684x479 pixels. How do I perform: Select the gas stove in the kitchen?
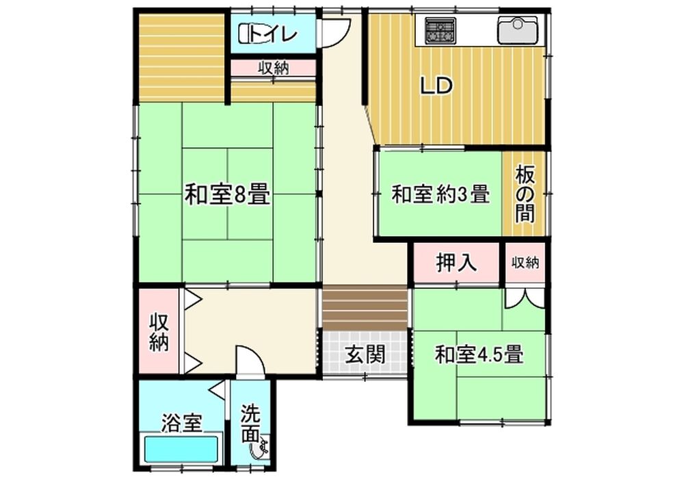[440, 31]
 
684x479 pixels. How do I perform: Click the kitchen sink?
[517, 30]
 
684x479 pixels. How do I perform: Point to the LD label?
[436, 86]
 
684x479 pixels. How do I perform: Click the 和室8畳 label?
[227, 194]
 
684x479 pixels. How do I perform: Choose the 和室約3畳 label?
[440, 194]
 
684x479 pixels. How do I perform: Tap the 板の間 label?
[525, 194]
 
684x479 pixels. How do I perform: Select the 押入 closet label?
[456, 263]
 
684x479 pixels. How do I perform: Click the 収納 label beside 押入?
[525, 263]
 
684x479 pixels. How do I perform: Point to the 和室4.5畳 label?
[479, 354]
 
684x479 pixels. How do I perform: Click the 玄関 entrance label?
[365, 354]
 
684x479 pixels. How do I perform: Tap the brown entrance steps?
[365, 307]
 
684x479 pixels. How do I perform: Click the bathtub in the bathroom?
[181, 450]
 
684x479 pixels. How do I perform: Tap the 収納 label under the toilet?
[273, 68]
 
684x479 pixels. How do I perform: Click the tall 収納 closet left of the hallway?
[159, 331]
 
